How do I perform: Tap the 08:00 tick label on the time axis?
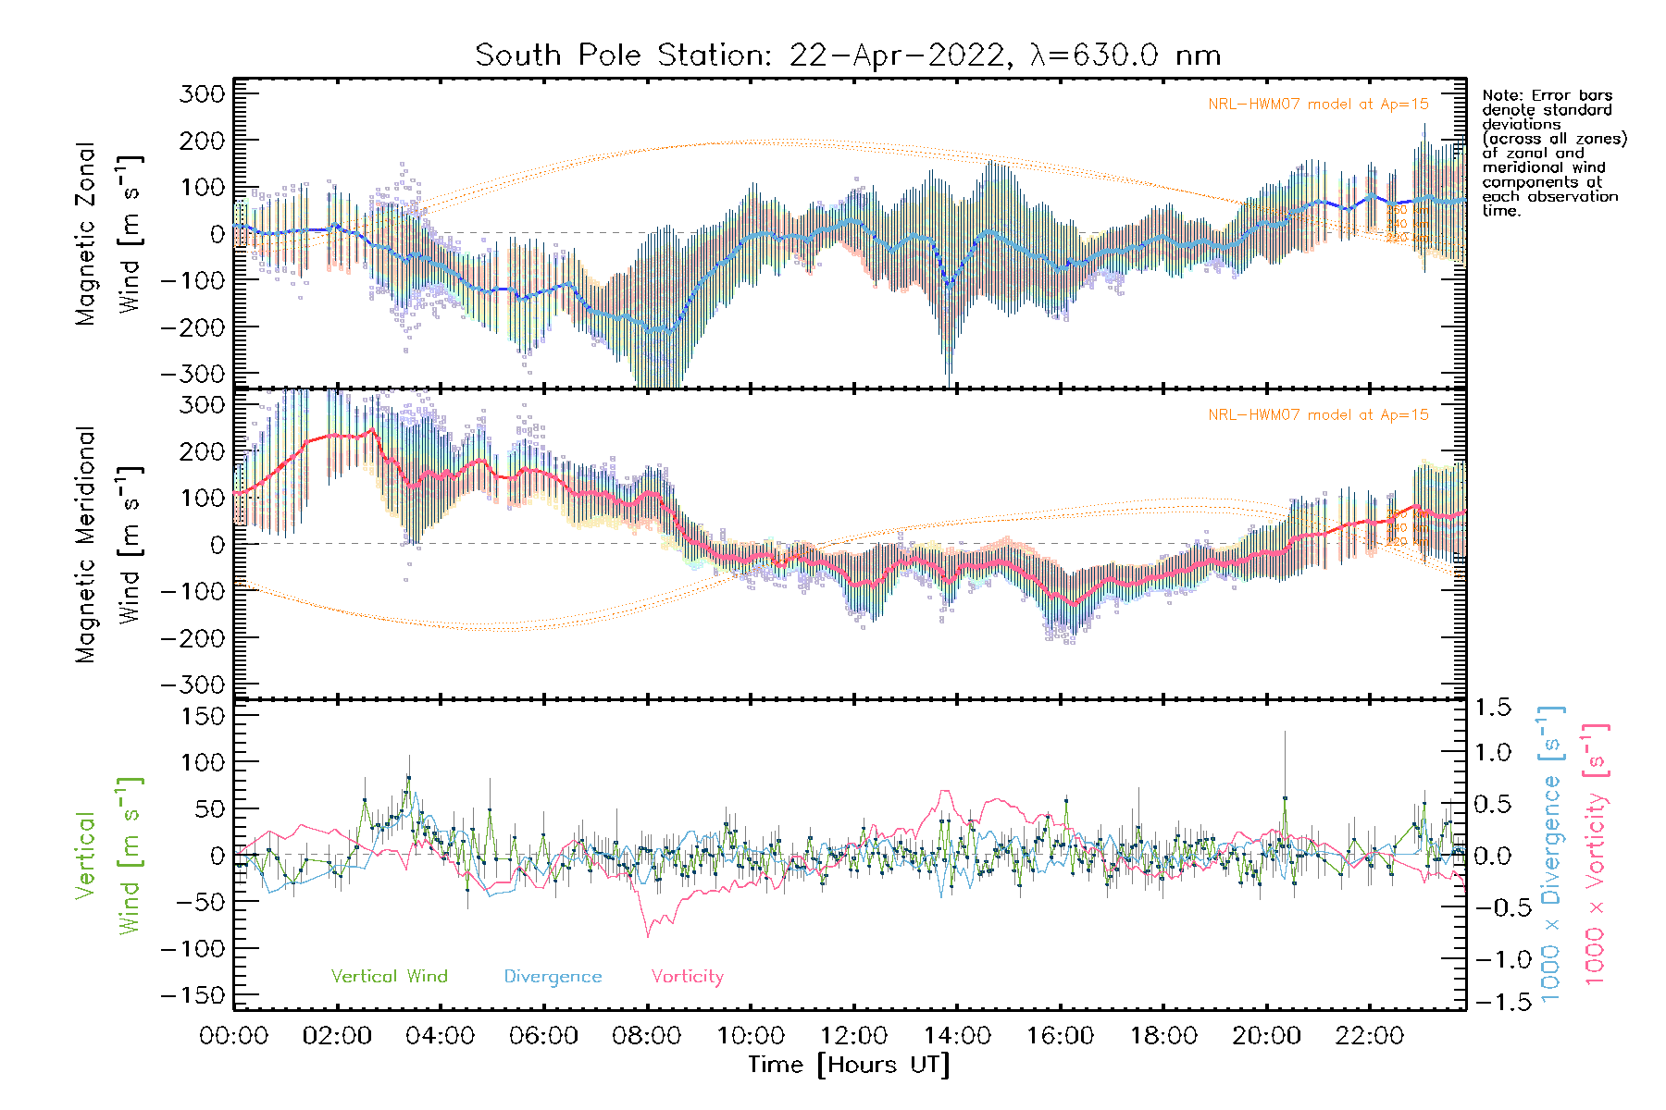[646, 1036]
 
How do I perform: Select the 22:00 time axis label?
[1369, 1036]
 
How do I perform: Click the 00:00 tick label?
[233, 1036]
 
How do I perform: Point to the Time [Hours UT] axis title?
[849, 1065]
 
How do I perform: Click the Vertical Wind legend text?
[389, 977]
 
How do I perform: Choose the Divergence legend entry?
[553, 977]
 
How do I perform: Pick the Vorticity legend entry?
[687, 977]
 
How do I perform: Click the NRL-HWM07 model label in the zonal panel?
[1318, 105]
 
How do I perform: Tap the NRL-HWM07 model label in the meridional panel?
[1318, 415]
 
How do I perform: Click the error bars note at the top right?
[1553, 153]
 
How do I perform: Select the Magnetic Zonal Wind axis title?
[109, 233]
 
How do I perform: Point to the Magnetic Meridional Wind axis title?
[109, 544]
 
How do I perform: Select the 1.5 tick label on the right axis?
[1493, 708]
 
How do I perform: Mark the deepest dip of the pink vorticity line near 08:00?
[648, 936]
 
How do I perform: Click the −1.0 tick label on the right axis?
[1493, 959]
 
